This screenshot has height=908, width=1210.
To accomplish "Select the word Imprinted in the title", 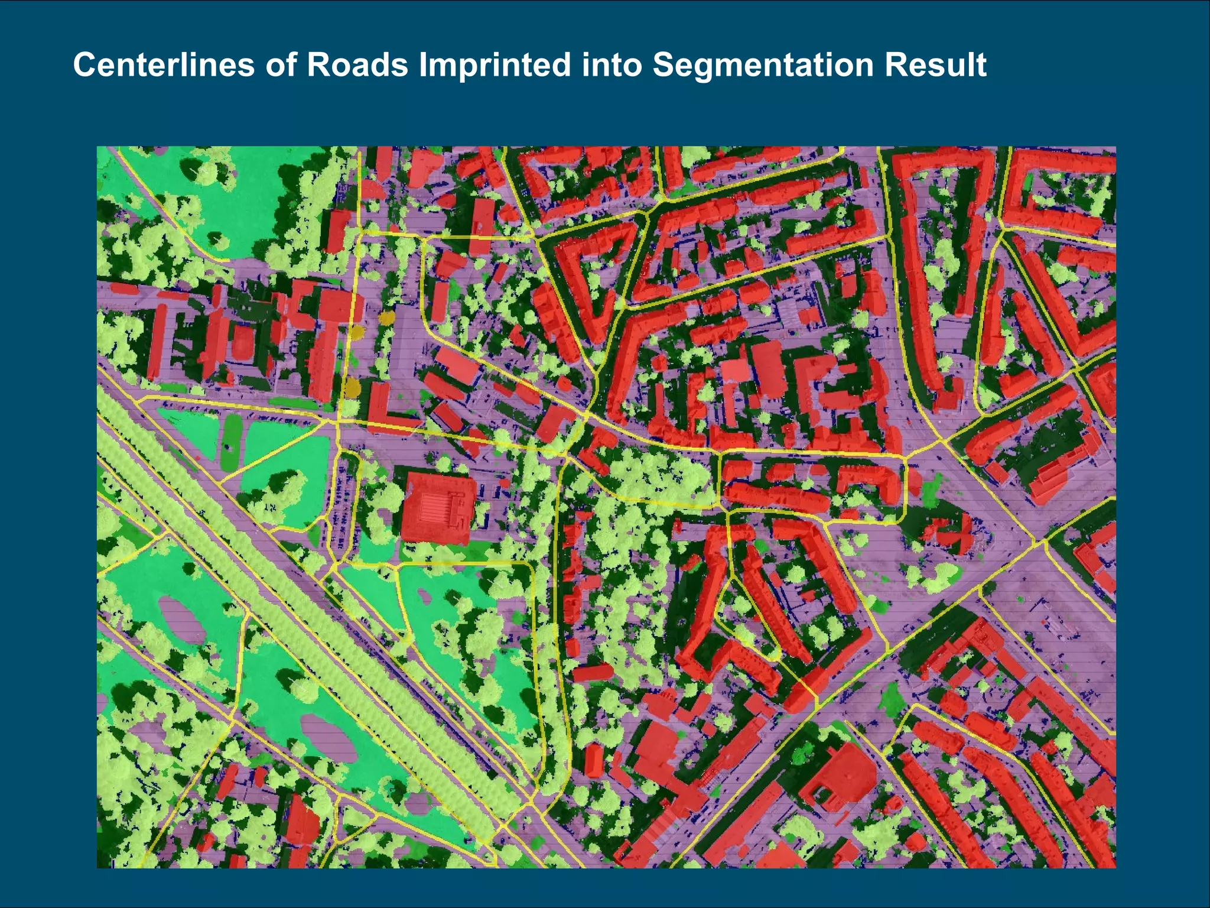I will [x=495, y=65].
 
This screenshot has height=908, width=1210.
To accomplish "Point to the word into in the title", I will [x=611, y=65].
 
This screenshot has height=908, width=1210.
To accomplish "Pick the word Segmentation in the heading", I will [x=763, y=65].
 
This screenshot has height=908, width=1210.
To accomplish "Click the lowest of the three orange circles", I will [x=352, y=387].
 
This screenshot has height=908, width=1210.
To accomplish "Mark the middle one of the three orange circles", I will [x=357, y=331].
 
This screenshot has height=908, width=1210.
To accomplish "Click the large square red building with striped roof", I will [x=438, y=507].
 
